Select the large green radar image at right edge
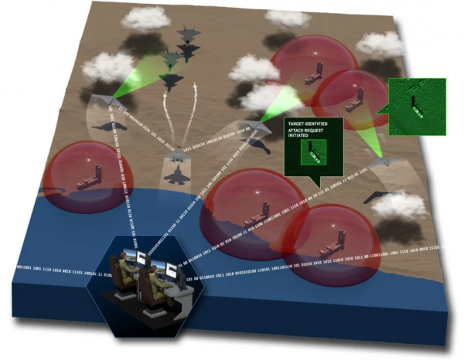click(412, 106)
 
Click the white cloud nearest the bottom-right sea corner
click(399, 205)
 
